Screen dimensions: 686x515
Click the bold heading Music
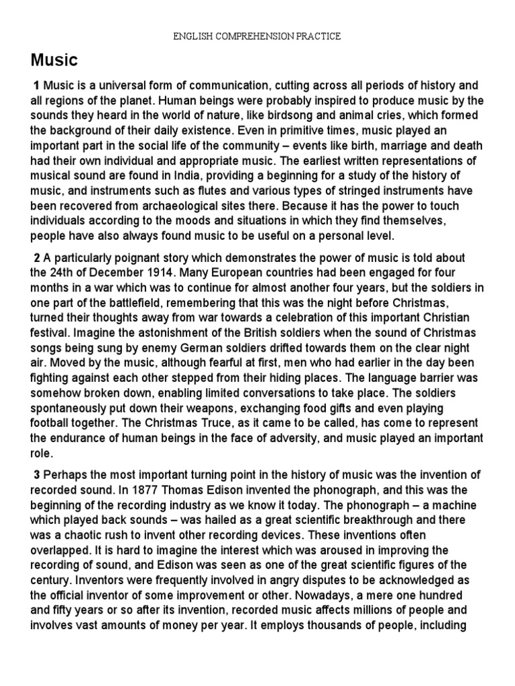54,60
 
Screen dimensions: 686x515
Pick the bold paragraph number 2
37,259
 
